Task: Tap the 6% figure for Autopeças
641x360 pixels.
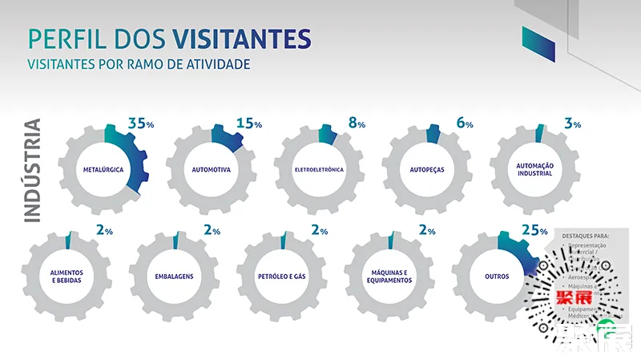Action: pyautogui.click(x=464, y=123)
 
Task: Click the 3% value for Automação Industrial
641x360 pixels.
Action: pyautogui.click(x=572, y=123)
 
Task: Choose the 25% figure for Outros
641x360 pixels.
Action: pyautogui.click(x=534, y=230)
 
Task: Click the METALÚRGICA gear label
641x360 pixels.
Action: pyautogui.click(x=103, y=170)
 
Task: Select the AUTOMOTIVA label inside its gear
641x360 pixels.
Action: pyautogui.click(x=212, y=170)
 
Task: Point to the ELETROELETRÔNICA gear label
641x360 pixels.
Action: pyautogui.click(x=319, y=170)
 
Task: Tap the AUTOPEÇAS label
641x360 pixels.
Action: pyautogui.click(x=427, y=170)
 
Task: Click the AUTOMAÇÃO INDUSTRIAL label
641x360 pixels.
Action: pyautogui.click(x=534, y=170)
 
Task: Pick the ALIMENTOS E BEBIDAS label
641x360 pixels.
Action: pyautogui.click(x=67, y=277)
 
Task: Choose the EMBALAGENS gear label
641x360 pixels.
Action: pyautogui.click(x=174, y=277)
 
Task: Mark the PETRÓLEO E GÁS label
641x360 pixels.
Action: pyautogui.click(x=282, y=277)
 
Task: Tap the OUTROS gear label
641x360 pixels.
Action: pyautogui.click(x=497, y=277)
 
